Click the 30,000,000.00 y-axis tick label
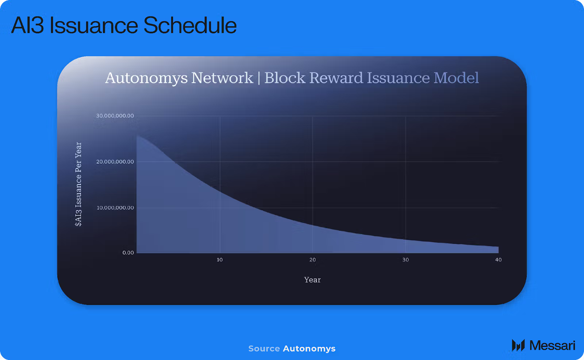tap(115, 116)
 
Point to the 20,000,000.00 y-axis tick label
tap(115, 162)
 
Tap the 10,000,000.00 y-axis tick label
tap(115, 208)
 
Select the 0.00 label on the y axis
tap(128, 253)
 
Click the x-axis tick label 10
tap(220, 260)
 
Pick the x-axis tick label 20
tap(312, 260)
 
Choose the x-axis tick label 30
tap(406, 260)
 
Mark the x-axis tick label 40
tap(498, 260)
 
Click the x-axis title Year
tap(312, 280)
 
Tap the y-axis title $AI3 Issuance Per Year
tap(78, 184)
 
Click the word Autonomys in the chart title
tap(146, 78)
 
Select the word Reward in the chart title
tap(336, 78)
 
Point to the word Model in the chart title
tap(456, 78)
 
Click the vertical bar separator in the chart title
tap(259, 78)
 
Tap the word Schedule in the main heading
tap(190, 25)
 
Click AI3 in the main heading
tap(27, 25)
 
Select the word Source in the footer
tap(264, 349)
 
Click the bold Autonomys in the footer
tap(309, 349)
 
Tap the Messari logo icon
tap(518, 345)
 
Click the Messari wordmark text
tap(552, 345)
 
